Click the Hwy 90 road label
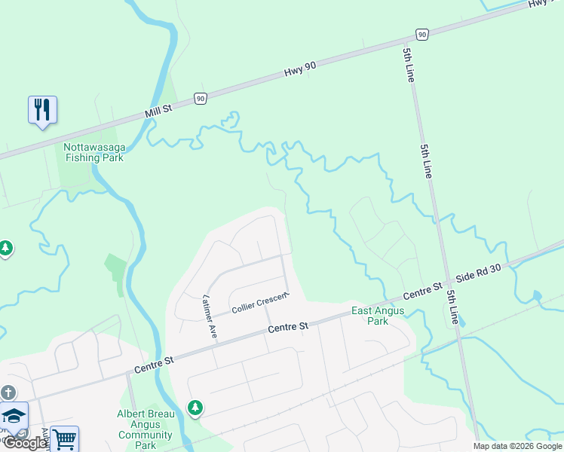click(x=299, y=70)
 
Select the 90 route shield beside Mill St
click(x=200, y=99)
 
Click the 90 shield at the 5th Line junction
click(x=421, y=35)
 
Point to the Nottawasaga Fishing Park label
click(x=93, y=152)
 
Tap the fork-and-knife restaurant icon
click(x=42, y=110)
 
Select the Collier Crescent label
click(x=259, y=304)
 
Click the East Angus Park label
click(x=378, y=316)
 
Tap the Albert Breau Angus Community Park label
click(x=146, y=429)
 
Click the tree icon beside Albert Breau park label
click(x=195, y=408)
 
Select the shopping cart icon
click(x=65, y=438)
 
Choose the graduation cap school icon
click(x=14, y=415)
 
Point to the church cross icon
click(x=8, y=392)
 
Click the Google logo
click(x=24, y=443)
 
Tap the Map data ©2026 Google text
click(x=517, y=446)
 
